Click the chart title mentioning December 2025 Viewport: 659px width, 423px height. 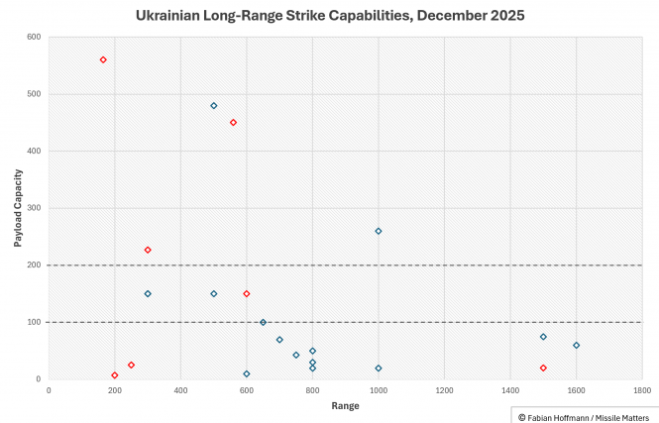[x=329, y=16]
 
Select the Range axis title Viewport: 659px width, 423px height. [x=346, y=406]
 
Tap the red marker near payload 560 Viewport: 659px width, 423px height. [x=103, y=59]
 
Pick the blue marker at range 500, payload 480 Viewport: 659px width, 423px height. [x=214, y=106]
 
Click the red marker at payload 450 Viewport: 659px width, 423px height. [x=233, y=123]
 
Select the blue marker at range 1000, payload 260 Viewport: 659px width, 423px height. [x=379, y=231]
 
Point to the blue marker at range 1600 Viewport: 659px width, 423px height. [x=576, y=346]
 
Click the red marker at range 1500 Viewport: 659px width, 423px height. [x=543, y=368]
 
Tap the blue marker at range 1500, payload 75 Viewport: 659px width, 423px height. [x=543, y=337]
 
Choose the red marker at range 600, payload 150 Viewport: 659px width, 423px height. [x=247, y=294]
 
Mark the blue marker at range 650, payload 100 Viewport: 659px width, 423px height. [x=263, y=322]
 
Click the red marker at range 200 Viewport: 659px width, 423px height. [x=115, y=375]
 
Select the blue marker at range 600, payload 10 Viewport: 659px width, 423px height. [x=247, y=373]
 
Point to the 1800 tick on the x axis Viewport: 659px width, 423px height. [x=641, y=390]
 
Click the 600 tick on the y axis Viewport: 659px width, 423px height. [x=33, y=38]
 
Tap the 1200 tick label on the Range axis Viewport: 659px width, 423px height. [x=444, y=390]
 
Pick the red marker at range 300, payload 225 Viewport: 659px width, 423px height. [x=148, y=250]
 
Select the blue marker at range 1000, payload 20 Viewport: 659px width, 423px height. [x=379, y=369]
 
